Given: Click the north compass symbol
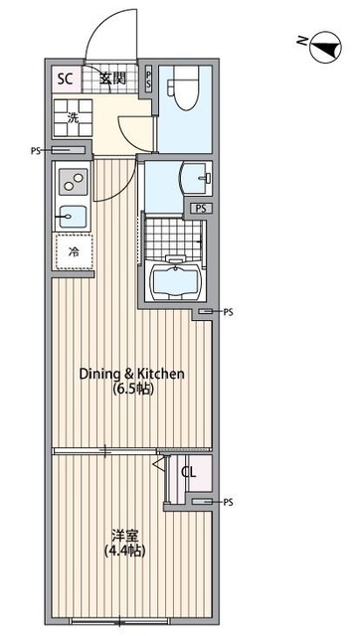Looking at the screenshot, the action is pos(325,47).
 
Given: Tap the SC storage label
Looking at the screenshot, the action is pos(65,79).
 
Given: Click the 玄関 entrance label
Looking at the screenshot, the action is pos(112,79).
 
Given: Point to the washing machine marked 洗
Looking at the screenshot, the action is pos(74,117).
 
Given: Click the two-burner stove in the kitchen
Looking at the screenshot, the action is pos(73,181).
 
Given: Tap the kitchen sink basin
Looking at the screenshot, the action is pos(73,217).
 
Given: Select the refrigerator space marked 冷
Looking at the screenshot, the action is pos(75,251).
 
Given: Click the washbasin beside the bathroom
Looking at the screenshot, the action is pos(196,178).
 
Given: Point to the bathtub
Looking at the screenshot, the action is pos(175,280).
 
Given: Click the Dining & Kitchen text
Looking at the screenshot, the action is pos(132,374).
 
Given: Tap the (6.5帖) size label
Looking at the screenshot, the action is pos(132,390).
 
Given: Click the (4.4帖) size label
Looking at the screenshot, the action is pos(125,551).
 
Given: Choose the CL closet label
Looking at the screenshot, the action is pos(189,472).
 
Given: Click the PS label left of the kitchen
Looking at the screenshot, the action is pos(36,151).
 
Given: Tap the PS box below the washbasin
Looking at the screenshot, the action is pos(201,209).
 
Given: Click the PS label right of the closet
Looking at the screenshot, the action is pos(228,502).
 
